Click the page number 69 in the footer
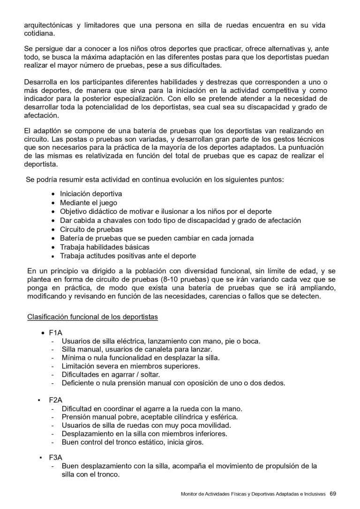333,494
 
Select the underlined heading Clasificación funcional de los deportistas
92,317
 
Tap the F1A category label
55,333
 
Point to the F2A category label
55,400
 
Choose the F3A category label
55,457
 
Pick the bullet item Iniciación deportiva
91,194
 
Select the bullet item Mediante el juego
88,203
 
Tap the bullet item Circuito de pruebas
91,229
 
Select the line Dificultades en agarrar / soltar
111,374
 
